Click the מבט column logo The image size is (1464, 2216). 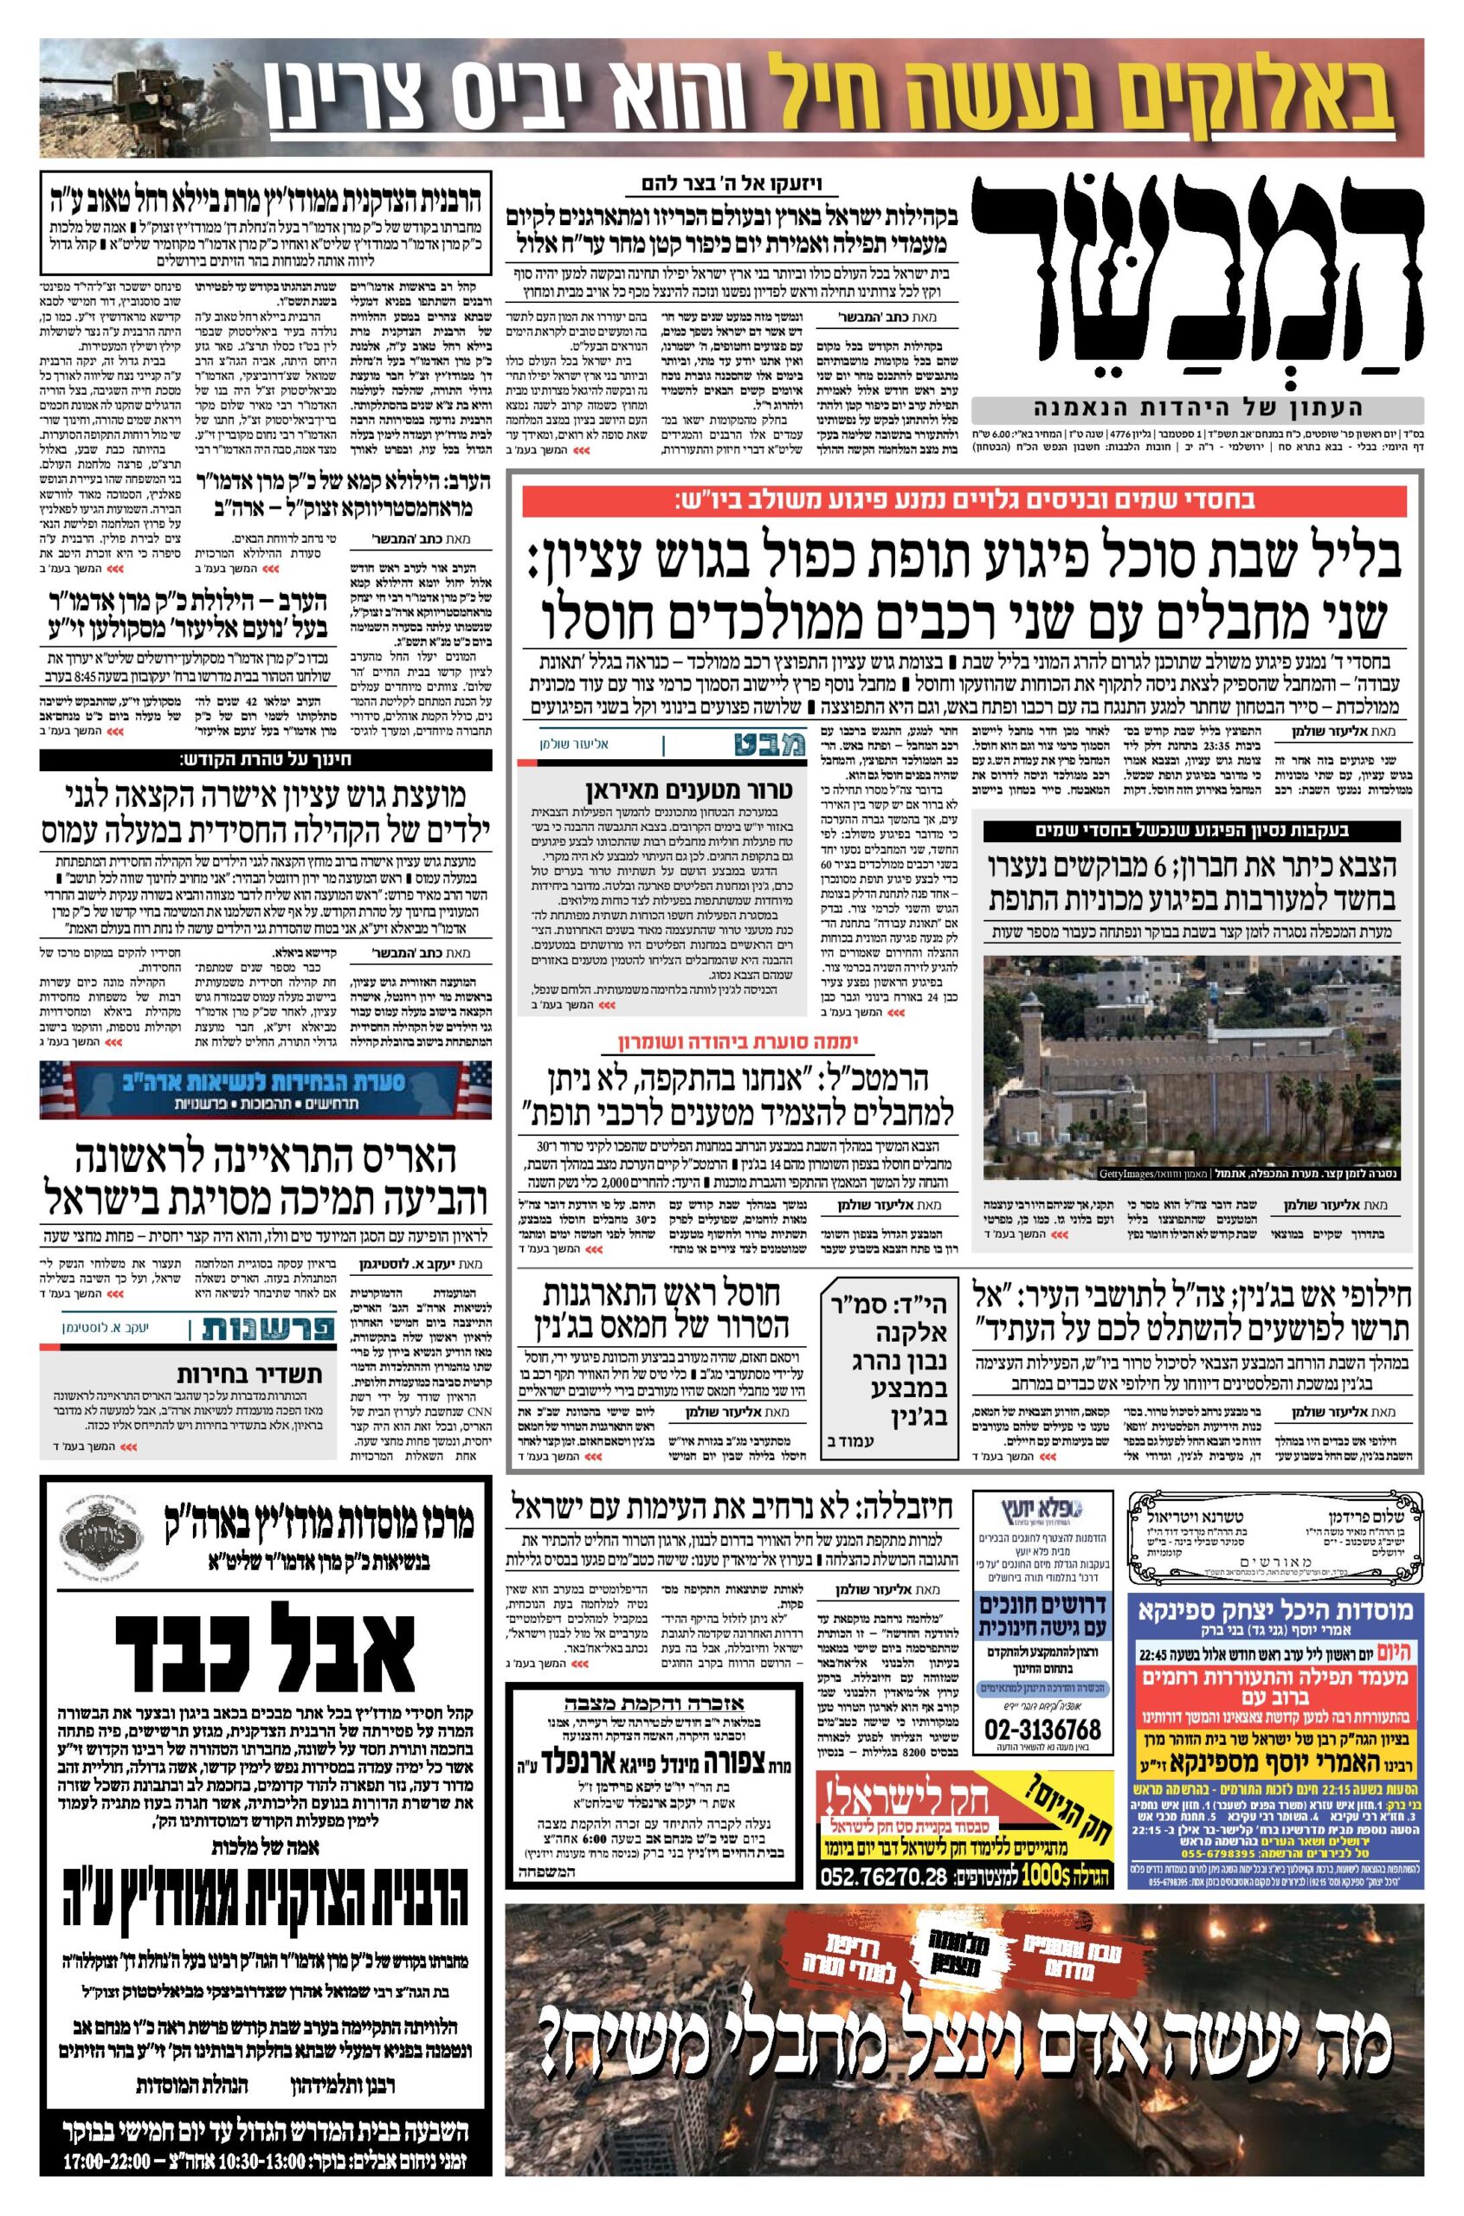click(761, 745)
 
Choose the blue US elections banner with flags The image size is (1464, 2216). click(265, 1089)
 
